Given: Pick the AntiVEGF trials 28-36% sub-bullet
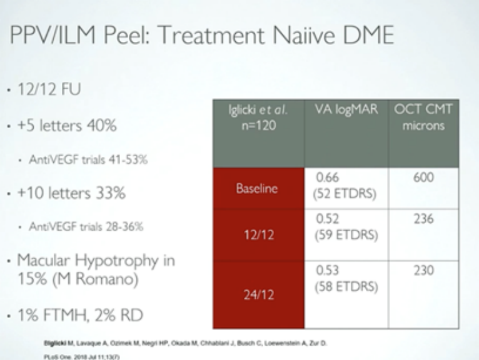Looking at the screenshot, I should (86, 227).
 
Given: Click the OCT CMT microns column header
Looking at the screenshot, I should (423, 117).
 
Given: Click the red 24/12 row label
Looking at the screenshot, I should (258, 294).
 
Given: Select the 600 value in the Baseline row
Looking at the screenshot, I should (424, 178).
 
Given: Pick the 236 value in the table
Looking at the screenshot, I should (424, 219).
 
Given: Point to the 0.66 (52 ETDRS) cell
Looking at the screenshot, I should (344, 186).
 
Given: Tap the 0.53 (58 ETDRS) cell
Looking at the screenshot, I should (345, 280).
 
